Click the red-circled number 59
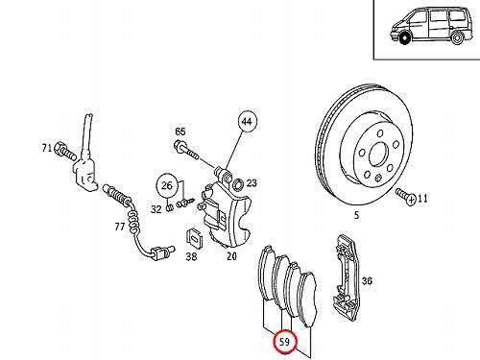[x=284, y=342]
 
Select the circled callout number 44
[x=247, y=122]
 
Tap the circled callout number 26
[x=167, y=185]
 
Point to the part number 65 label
[x=180, y=132]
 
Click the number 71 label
[x=47, y=148]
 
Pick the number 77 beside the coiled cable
[x=120, y=227]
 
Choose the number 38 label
[x=191, y=256]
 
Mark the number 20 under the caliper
[x=231, y=256]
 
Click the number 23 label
[x=252, y=182]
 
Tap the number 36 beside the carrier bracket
[x=367, y=281]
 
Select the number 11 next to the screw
[x=422, y=199]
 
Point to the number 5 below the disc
[x=356, y=215]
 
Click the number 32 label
[x=156, y=209]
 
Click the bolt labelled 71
[x=65, y=152]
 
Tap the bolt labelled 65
[x=186, y=151]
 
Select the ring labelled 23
[x=238, y=184]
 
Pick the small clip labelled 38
[x=194, y=238]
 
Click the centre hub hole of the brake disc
[x=378, y=155]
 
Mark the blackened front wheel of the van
[x=405, y=38]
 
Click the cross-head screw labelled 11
[x=405, y=196]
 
